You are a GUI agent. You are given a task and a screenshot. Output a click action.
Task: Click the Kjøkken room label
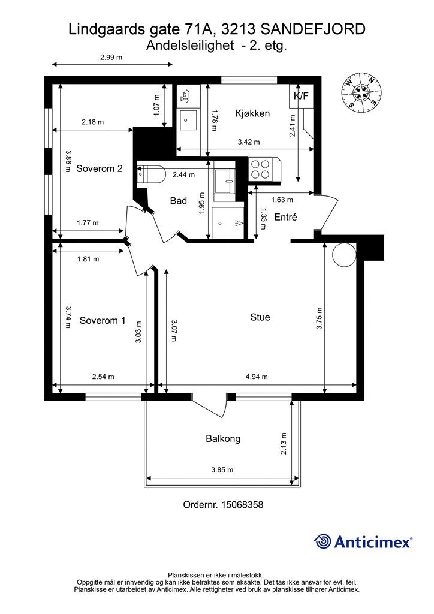(252, 113)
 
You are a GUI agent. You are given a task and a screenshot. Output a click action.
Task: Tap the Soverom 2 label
(100, 168)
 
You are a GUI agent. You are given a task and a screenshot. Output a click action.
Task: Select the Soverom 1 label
(103, 321)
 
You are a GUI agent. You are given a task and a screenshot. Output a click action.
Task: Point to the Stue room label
(260, 317)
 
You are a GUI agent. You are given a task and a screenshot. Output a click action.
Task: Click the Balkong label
(223, 438)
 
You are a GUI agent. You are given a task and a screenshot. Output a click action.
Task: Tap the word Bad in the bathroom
(179, 201)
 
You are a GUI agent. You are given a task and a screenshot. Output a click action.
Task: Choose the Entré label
(286, 217)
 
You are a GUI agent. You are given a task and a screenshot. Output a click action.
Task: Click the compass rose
(361, 92)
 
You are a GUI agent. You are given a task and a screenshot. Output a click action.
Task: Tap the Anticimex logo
(363, 541)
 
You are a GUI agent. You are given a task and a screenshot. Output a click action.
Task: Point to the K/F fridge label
(301, 95)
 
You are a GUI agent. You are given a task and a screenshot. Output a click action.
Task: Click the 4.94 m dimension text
(257, 377)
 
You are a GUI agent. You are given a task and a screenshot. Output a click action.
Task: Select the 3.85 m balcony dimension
(222, 470)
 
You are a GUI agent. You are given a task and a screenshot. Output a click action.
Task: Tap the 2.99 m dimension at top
(111, 57)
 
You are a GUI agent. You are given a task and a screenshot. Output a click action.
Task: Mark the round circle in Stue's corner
(344, 254)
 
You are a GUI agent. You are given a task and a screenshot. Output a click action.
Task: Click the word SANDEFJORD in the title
(312, 29)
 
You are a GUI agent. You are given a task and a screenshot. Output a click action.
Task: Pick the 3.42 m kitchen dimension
(249, 142)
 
